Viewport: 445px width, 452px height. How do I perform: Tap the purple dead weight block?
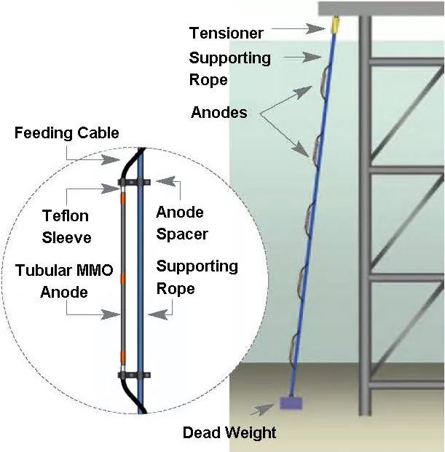[x=291, y=402]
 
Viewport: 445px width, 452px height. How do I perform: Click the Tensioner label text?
[x=226, y=33]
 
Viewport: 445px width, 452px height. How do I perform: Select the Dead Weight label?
[x=229, y=433]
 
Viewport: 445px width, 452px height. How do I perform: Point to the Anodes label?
[x=218, y=113]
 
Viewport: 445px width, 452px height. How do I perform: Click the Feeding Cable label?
[x=66, y=133]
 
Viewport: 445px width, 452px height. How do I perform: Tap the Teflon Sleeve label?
[x=65, y=226]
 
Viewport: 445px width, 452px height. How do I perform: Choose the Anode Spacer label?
[x=182, y=223]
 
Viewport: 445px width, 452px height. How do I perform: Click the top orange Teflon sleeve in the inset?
[x=123, y=199]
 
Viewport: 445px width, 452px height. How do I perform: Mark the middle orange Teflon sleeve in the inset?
[x=123, y=277]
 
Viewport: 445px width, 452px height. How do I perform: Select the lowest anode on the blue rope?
[x=294, y=343]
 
